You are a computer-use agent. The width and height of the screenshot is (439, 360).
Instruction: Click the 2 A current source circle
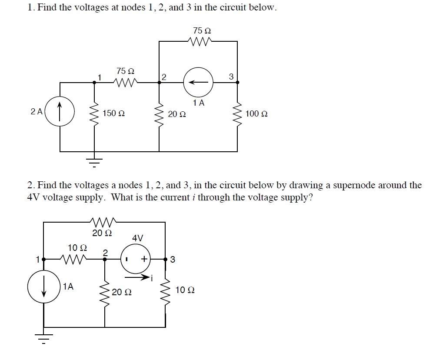tap(60, 113)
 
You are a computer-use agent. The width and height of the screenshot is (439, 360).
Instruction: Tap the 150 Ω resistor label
tap(114, 113)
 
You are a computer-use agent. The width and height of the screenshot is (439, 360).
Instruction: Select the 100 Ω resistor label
tap(256, 114)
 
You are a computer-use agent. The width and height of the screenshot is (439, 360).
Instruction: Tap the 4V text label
tap(138, 238)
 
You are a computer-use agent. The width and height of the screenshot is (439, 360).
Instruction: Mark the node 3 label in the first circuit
tap(231, 77)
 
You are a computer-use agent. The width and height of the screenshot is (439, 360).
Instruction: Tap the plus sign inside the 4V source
tap(143, 260)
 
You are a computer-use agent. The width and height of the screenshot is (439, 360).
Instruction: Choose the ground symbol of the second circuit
tap(43, 337)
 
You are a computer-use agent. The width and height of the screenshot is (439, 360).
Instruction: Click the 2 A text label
tap(37, 111)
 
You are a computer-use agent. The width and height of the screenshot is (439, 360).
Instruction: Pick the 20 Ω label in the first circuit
tap(177, 114)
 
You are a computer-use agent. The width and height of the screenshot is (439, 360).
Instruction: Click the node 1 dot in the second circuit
tap(43, 260)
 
